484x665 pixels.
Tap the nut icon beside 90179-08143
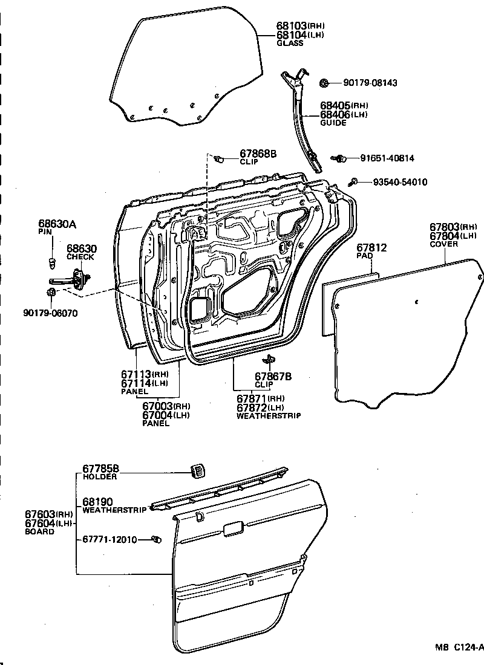pos(324,82)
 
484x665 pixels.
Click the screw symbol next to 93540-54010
pos(356,181)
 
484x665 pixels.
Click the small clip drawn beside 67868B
pos(221,158)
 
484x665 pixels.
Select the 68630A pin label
pos(57,224)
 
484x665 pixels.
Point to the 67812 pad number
pos(371,248)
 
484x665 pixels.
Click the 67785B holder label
pos(100,469)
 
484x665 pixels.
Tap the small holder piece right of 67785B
pos(197,470)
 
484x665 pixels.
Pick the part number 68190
pos(97,502)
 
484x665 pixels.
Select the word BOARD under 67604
pos(39,532)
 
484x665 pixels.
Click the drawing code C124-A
pos(469,647)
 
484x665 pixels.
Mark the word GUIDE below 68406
pos(333,123)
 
